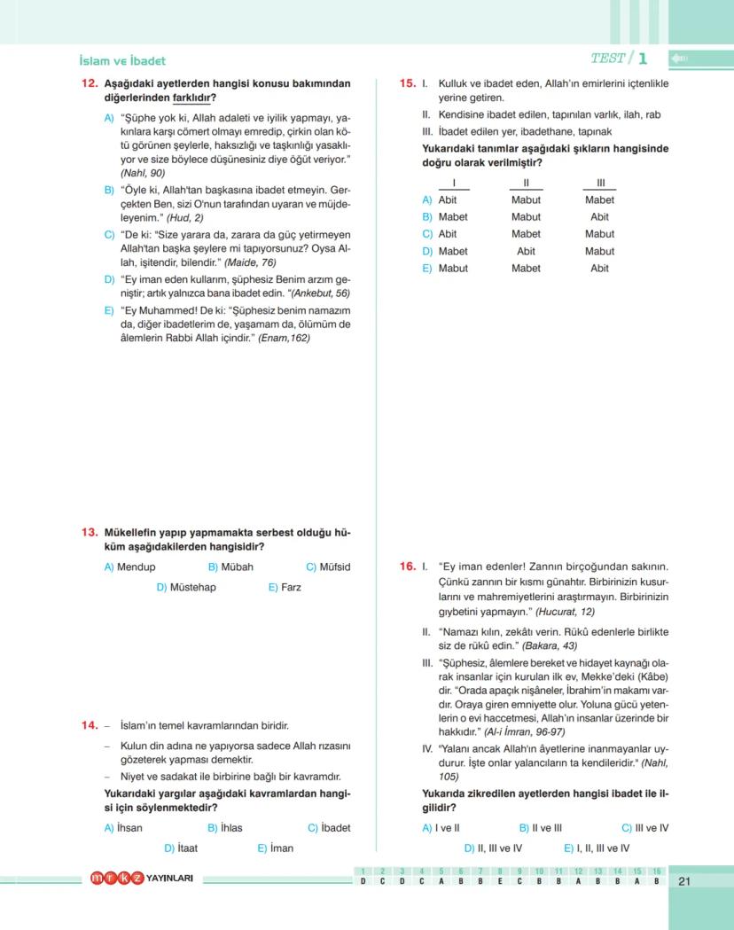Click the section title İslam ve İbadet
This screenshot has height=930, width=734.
coord(122,61)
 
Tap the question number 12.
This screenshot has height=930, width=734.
coord(89,84)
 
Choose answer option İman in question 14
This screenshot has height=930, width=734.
coord(282,848)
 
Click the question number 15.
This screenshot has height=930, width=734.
coord(408,84)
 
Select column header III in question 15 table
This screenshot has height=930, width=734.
coord(599,183)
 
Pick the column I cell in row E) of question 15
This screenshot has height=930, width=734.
coord(453,268)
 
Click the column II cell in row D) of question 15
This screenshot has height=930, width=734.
coord(526,251)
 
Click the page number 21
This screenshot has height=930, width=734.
coord(683,881)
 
